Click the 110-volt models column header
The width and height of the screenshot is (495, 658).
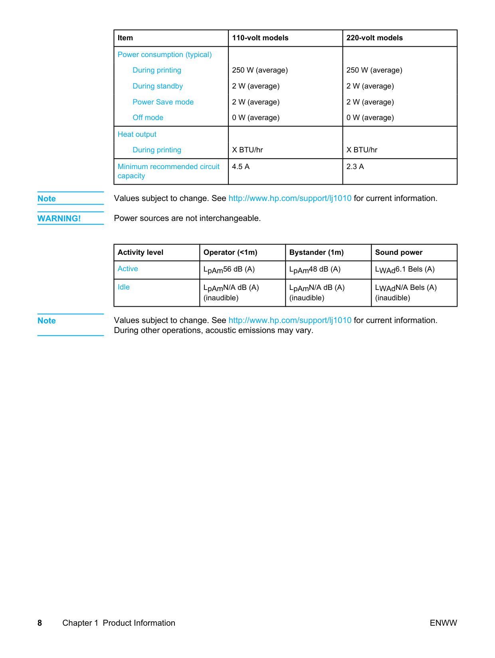(260, 38)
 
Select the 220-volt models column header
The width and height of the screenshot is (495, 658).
(374, 38)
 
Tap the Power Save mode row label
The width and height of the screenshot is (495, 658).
(163, 102)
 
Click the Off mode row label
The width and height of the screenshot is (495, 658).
(148, 118)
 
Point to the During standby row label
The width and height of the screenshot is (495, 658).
(158, 86)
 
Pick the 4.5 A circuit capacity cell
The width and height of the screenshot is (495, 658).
(241, 167)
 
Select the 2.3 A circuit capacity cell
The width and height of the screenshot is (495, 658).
(355, 167)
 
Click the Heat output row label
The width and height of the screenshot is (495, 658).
(137, 134)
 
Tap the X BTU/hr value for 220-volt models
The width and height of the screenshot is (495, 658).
(362, 150)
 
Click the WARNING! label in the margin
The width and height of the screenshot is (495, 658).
(59, 219)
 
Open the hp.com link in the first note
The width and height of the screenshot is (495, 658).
(290, 199)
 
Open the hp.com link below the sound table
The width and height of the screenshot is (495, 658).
(290, 321)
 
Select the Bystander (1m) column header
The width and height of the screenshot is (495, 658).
(316, 252)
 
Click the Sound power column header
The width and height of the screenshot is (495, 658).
(398, 252)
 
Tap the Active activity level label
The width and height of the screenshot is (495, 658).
(128, 269)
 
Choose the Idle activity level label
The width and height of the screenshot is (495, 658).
(123, 287)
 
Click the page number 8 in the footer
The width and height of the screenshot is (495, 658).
(40, 623)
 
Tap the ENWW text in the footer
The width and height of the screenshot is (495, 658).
(443, 623)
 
